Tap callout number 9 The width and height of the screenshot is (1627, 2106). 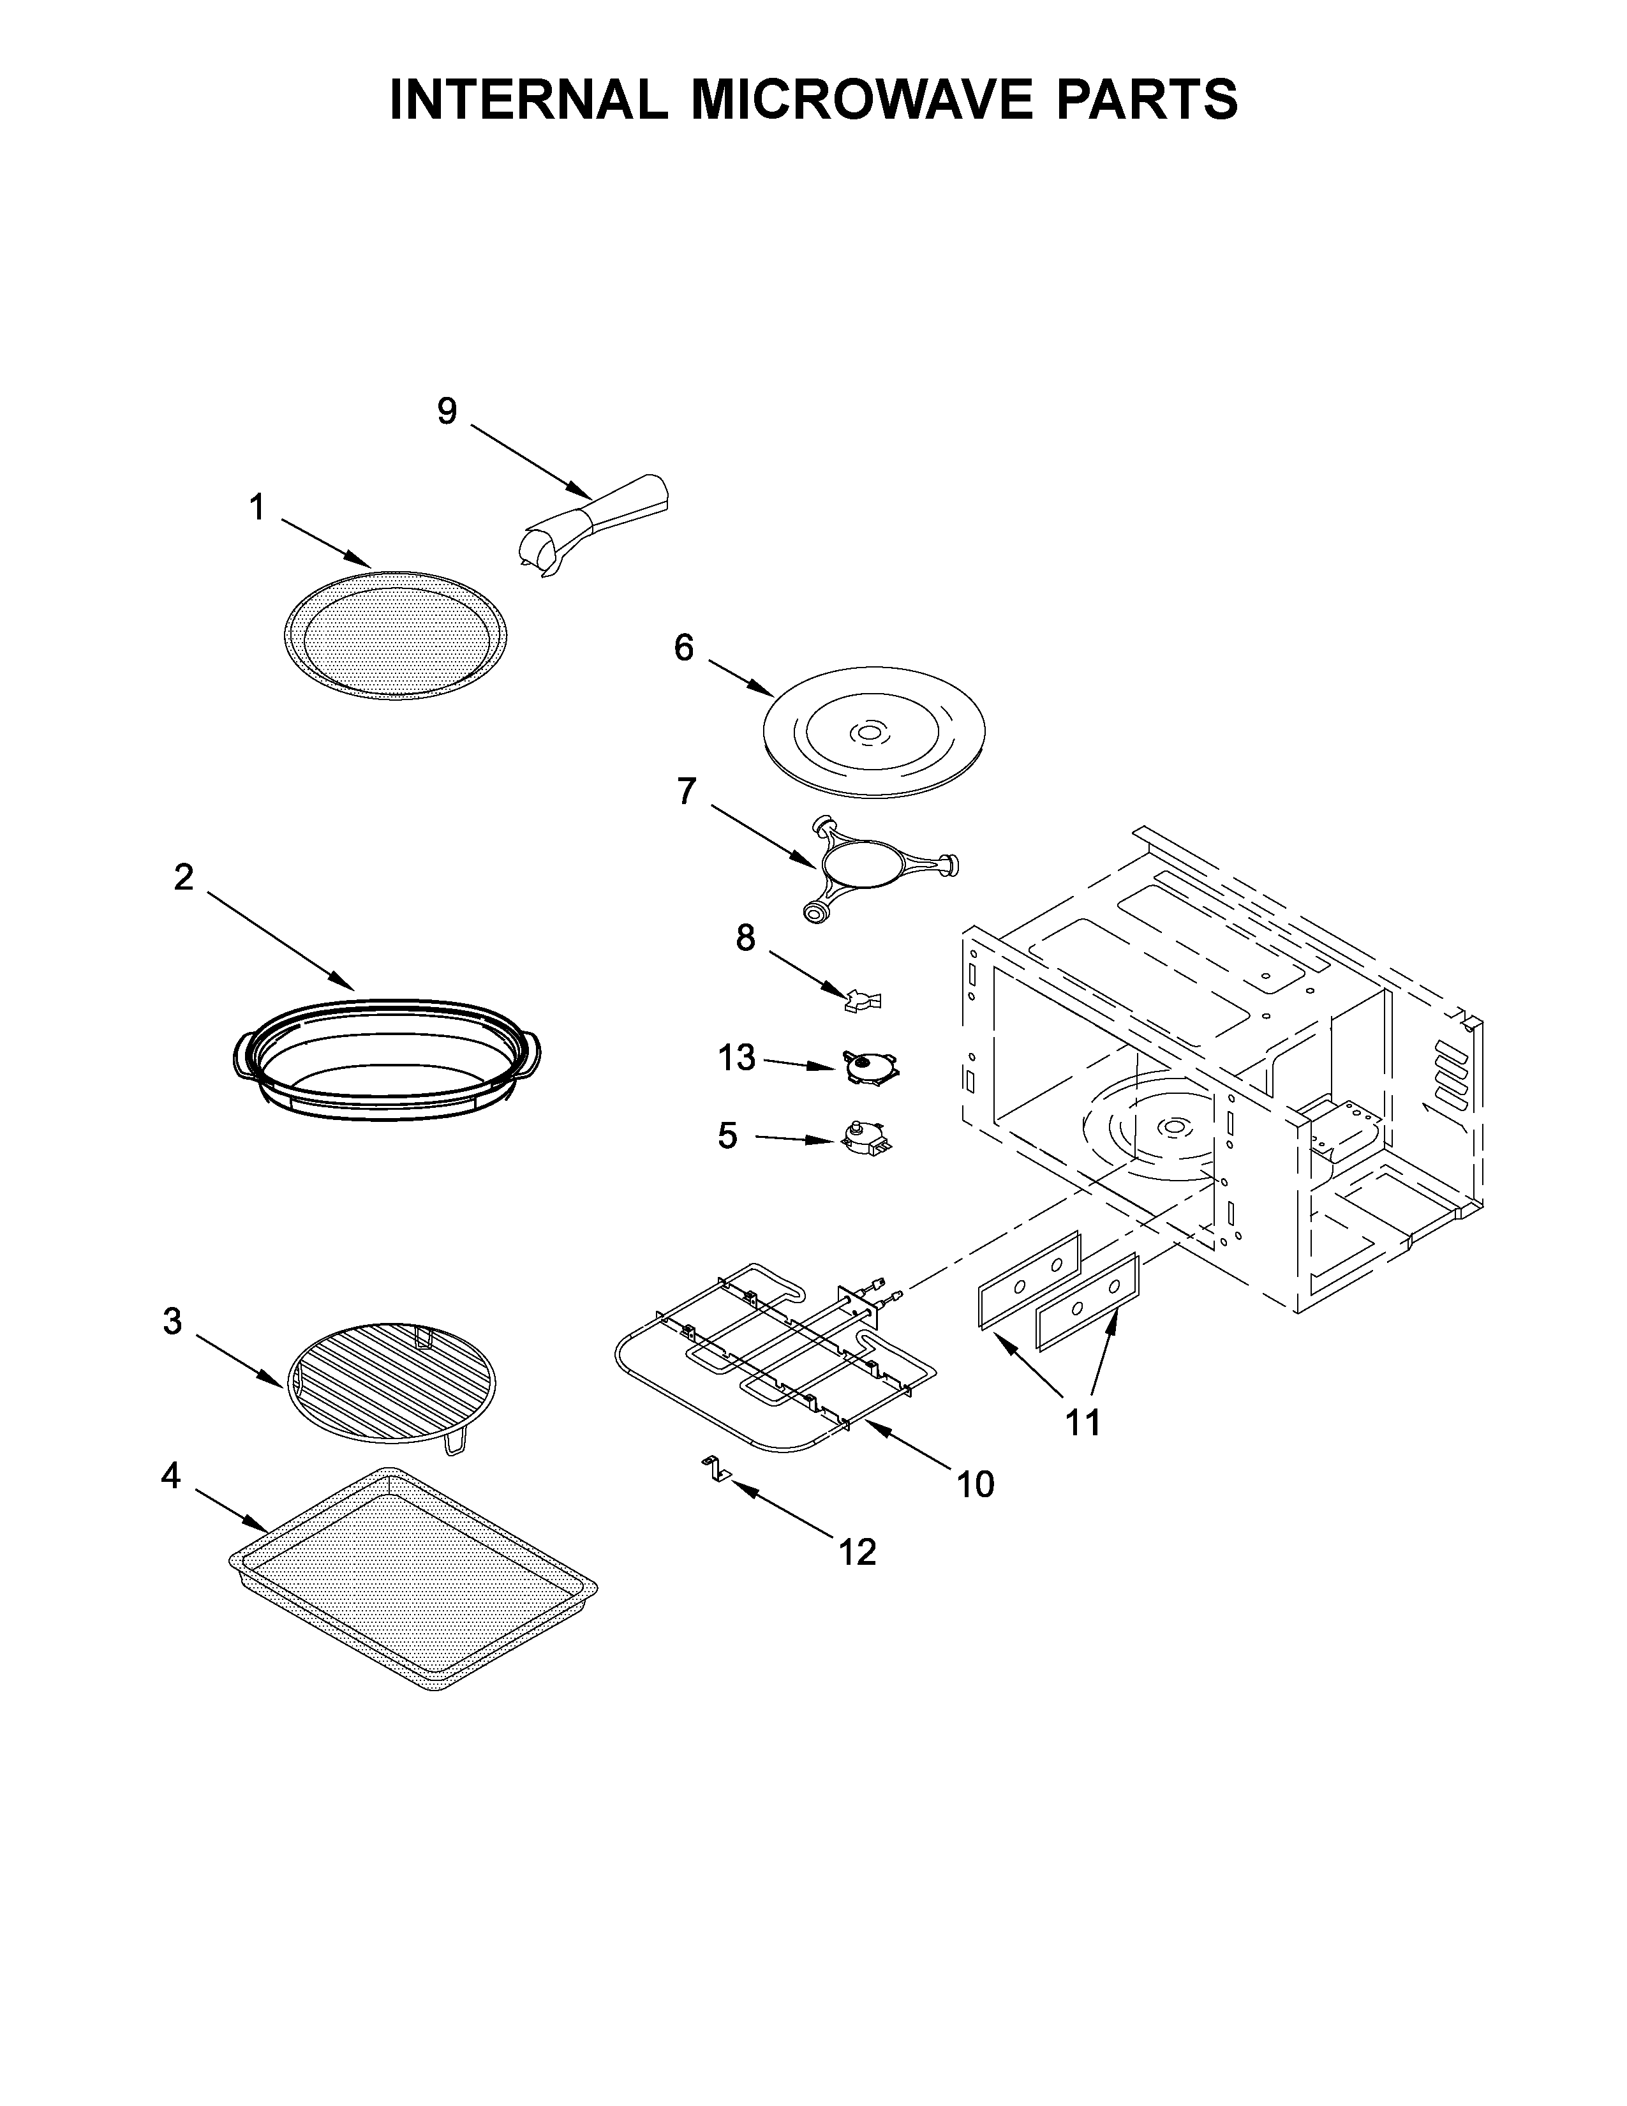(447, 412)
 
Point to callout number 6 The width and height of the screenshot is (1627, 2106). (683, 648)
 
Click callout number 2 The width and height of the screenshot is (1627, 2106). (183, 877)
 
